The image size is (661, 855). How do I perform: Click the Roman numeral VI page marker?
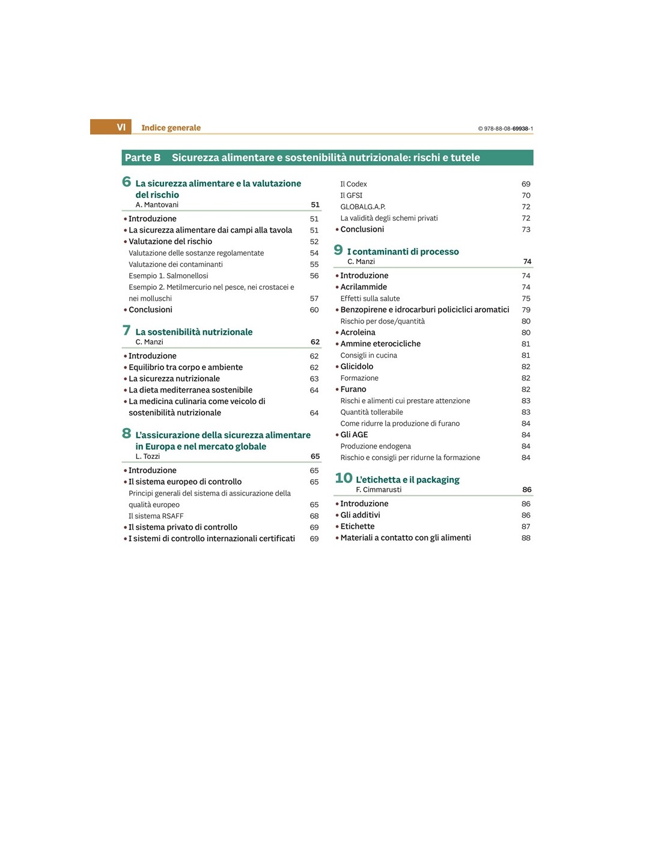pyautogui.click(x=121, y=127)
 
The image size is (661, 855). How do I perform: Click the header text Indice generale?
pyautogui.click(x=171, y=127)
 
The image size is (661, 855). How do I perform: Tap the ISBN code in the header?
pyautogui.click(x=505, y=129)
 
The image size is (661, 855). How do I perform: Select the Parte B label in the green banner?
pyautogui.click(x=142, y=158)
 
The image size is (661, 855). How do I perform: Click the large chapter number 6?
pyautogui.click(x=126, y=182)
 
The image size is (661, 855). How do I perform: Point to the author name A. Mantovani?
pyautogui.click(x=157, y=205)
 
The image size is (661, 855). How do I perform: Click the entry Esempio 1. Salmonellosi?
pyautogui.click(x=168, y=276)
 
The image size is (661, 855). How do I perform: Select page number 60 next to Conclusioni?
pyautogui.click(x=314, y=310)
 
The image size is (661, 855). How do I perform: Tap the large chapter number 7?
pyautogui.click(x=126, y=330)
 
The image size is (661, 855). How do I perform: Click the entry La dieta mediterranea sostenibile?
pyautogui.click(x=190, y=390)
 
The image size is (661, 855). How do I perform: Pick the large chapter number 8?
pyautogui.click(x=126, y=434)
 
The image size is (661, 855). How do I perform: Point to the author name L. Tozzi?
pyautogui.click(x=148, y=456)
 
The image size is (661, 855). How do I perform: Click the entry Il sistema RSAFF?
pyautogui.click(x=156, y=516)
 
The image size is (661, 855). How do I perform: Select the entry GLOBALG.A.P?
pyautogui.click(x=363, y=207)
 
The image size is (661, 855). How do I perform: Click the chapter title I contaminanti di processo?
pyautogui.click(x=403, y=252)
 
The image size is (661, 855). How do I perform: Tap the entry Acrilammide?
pyautogui.click(x=364, y=287)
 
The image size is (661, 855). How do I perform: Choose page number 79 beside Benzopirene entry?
pyautogui.click(x=526, y=310)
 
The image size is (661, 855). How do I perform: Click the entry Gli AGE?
pyautogui.click(x=354, y=435)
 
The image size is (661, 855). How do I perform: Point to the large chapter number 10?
pyautogui.click(x=343, y=478)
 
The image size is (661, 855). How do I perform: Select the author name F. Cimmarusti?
pyautogui.click(x=379, y=490)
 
